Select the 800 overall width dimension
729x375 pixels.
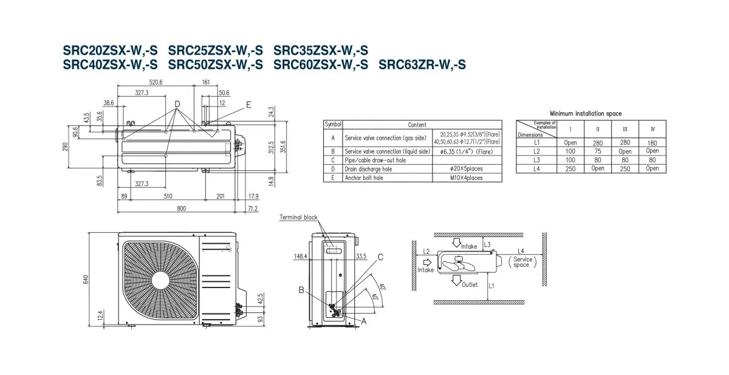[181, 208]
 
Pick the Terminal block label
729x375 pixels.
[298, 218]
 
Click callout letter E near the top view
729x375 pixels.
[248, 105]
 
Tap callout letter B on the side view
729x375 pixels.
[301, 291]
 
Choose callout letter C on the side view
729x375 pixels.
[380, 257]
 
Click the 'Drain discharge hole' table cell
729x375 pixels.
[369, 169]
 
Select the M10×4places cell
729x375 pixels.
[466, 178]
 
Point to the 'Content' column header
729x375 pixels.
[417, 125]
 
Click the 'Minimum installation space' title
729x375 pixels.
[586, 114]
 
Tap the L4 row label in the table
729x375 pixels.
[536, 168]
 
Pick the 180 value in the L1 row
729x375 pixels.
[652, 142]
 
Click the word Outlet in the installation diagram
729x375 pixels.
[470, 284]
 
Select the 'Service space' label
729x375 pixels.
[522, 262]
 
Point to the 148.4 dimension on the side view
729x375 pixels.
[300, 256]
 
